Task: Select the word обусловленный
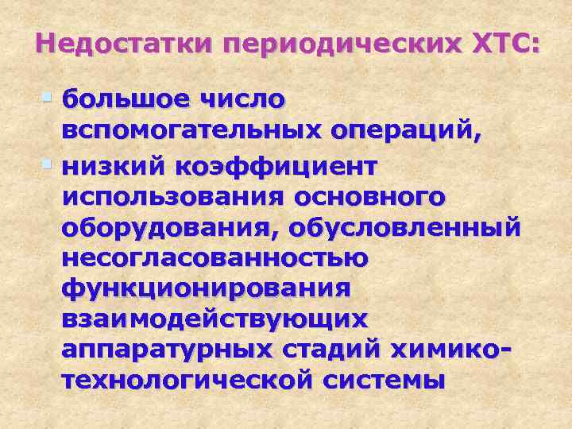tap(408, 228)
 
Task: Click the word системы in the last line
tap(385, 379)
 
